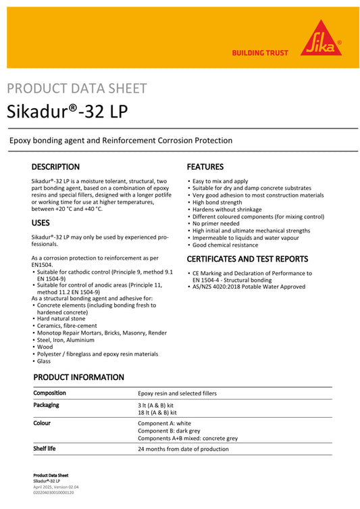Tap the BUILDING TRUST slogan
259,53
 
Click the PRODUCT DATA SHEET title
76,89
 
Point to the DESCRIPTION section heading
55,167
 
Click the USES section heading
40,222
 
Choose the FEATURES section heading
205,167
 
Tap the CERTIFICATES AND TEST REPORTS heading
247,259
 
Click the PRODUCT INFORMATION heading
79,377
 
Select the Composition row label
50,393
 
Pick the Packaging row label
46,405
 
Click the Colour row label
42,423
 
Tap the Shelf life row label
45,448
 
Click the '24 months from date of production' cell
183,449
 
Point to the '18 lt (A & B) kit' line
157,412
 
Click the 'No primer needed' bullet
215,223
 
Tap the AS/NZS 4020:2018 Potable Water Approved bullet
248,287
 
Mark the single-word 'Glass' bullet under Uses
44,361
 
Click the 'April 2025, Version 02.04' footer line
56,487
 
